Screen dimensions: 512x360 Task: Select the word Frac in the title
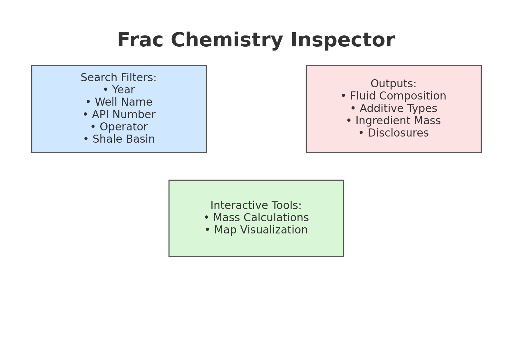[140, 40]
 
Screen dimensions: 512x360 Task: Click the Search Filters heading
[119, 77]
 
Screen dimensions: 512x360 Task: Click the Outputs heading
[393, 84]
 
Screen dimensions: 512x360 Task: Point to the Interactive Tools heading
[256, 205]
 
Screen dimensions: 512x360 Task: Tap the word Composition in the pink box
[413, 96]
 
